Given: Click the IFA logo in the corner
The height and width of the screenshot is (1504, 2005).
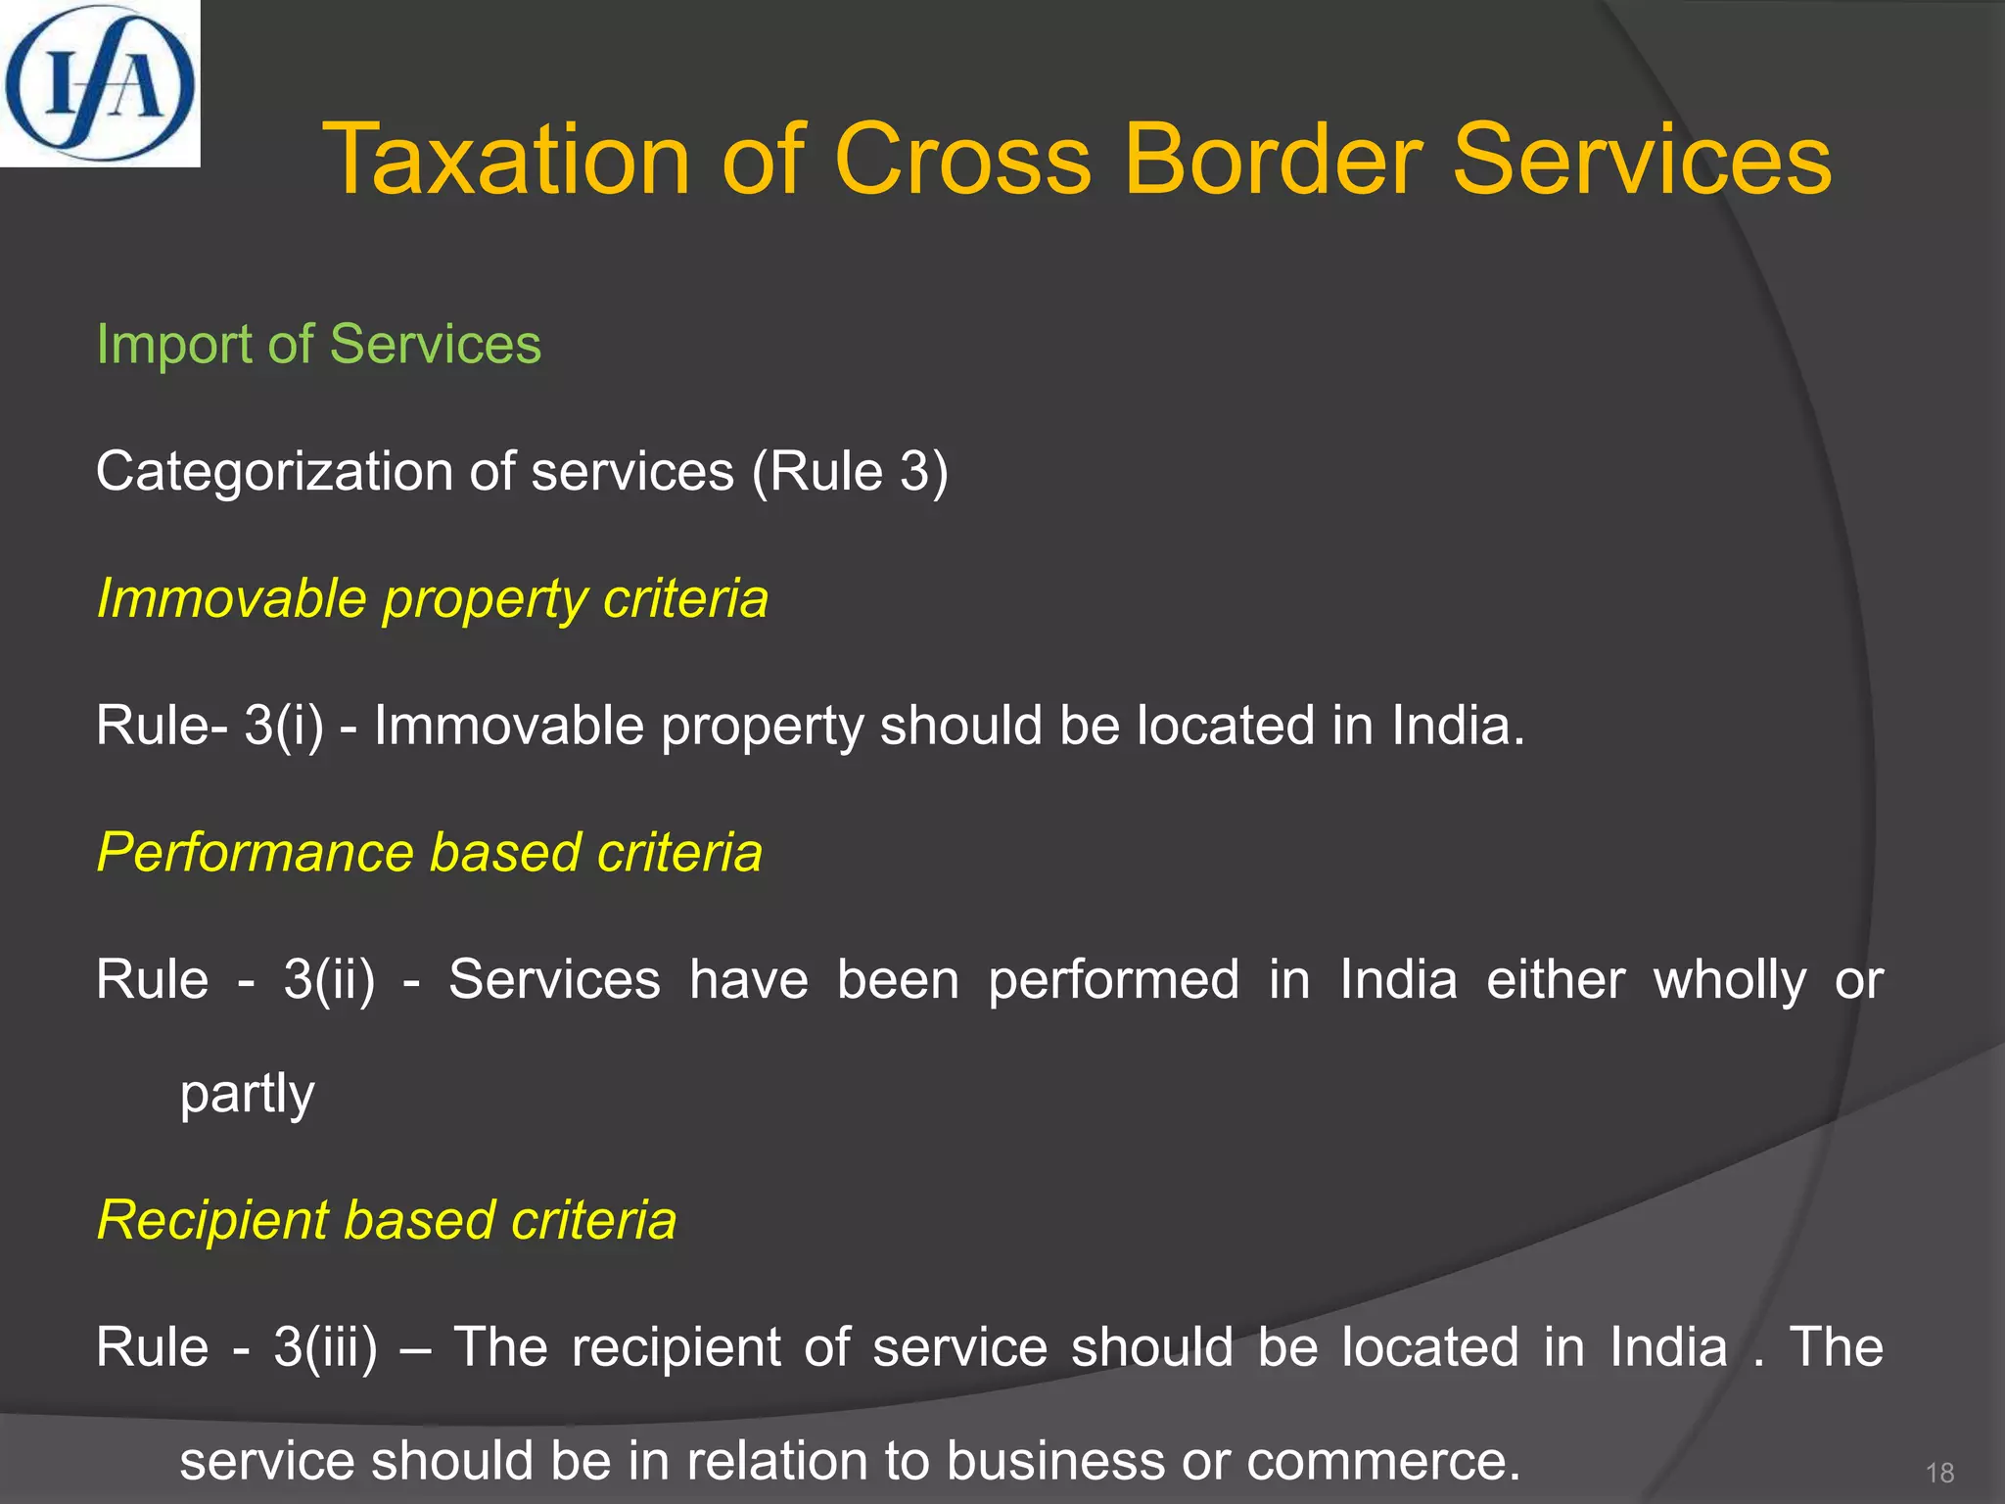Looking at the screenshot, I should [x=100, y=83].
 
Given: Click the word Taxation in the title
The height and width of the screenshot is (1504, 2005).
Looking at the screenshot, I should [x=506, y=160].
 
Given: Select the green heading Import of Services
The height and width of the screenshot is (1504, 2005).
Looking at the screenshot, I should [x=318, y=345].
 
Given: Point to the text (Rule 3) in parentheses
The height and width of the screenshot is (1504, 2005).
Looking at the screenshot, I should [x=850, y=472].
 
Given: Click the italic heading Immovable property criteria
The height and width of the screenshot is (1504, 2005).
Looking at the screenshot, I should [x=432, y=598].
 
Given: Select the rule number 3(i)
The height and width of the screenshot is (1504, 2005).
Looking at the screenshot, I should [x=284, y=726].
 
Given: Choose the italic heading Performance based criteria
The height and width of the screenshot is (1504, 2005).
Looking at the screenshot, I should [x=429, y=852].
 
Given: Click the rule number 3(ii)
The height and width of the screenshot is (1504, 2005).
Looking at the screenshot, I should [x=329, y=979].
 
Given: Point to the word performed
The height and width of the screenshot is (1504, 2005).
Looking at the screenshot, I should [x=1114, y=979].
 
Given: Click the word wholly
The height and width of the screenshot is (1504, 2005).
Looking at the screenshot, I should [x=1730, y=979].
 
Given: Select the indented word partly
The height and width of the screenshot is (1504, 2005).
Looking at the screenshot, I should [x=247, y=1093].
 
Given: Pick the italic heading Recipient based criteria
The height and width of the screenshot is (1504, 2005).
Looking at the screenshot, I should [x=386, y=1220].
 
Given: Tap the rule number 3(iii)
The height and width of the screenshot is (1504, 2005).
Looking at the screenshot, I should [x=325, y=1346].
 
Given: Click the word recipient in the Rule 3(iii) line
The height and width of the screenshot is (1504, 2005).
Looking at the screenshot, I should [x=676, y=1346].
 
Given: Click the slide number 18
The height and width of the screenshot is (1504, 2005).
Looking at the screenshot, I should [x=1939, y=1473].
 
